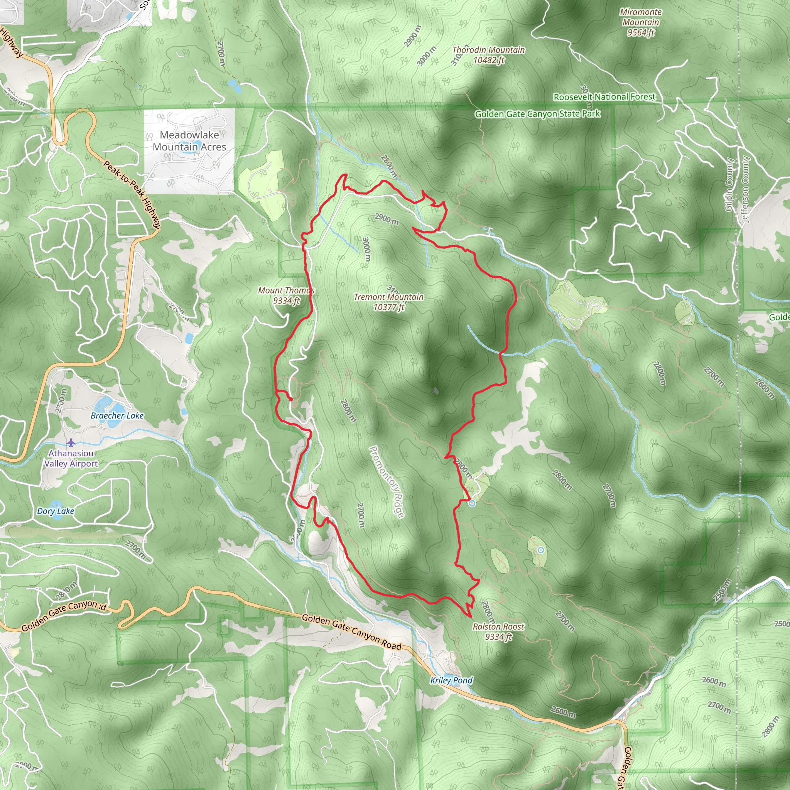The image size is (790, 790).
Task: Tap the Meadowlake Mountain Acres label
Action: pos(189,141)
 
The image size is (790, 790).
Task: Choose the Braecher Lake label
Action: pos(117,416)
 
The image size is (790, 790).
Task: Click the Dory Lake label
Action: pos(56,511)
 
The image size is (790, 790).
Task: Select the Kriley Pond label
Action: pos(451,680)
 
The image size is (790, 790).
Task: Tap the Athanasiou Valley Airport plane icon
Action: pos(71,442)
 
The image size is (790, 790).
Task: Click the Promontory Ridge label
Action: pos(387,482)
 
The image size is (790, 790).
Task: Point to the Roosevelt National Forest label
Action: pos(604,97)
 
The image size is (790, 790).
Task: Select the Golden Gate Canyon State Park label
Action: pos(537,114)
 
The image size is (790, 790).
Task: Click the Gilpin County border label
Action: pos(728,185)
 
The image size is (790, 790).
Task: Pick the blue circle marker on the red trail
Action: pos(472,503)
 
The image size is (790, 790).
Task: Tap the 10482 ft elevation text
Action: pos(489,61)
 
